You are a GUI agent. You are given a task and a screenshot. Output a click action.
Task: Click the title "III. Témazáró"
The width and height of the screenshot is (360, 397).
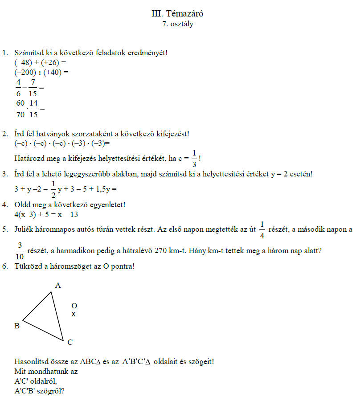pyautogui.click(x=178, y=14)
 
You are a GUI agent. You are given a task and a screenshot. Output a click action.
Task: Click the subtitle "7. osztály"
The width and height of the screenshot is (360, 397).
pyautogui.click(x=178, y=24)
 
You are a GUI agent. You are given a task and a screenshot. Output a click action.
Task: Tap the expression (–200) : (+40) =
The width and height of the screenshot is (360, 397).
pyautogui.click(x=41, y=72)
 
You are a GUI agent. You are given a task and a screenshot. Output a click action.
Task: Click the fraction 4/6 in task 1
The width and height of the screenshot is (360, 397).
pyautogui.click(x=19, y=88)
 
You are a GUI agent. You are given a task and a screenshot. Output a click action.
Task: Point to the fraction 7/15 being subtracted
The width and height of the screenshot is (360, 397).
pyautogui.click(x=33, y=88)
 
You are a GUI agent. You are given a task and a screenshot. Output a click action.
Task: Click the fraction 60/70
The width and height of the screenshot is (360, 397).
pyautogui.click(x=20, y=108)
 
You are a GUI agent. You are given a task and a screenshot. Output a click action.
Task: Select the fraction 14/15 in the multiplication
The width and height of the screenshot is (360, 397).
pyautogui.click(x=34, y=108)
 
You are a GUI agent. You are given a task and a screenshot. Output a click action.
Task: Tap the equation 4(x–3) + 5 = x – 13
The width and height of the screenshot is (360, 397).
pyautogui.click(x=46, y=214)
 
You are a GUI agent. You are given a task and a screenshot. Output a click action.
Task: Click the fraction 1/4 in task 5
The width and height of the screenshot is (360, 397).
pyautogui.click(x=262, y=230)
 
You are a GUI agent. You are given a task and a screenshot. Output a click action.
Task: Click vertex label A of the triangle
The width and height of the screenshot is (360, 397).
pyautogui.click(x=57, y=285)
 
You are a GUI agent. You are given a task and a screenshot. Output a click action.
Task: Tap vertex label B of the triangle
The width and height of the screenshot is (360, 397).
pyautogui.click(x=17, y=326)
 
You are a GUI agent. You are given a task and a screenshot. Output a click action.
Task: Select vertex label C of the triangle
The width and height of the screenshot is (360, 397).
pyautogui.click(x=70, y=342)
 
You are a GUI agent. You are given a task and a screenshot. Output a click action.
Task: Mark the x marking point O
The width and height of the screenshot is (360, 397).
pyautogui.click(x=74, y=314)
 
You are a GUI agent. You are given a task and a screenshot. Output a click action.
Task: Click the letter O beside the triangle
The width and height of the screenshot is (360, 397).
pyautogui.click(x=74, y=306)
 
